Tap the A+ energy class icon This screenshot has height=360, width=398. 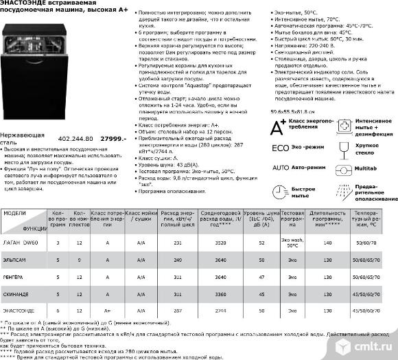click(278, 126)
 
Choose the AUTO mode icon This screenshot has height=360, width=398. click(279, 167)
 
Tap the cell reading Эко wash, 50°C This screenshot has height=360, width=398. click(292, 243)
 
